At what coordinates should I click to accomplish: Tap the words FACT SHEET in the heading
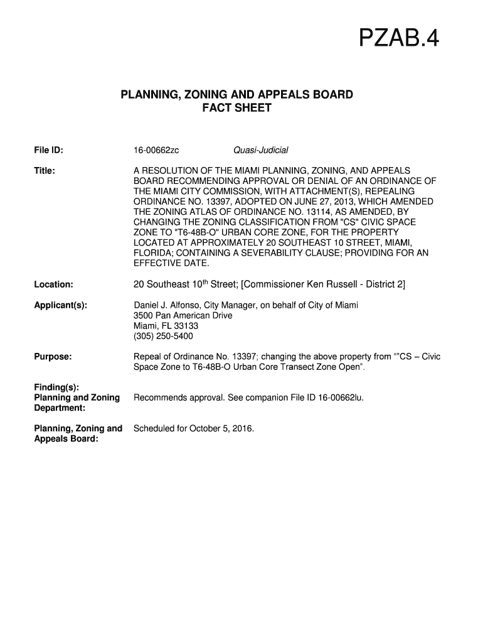click(236, 108)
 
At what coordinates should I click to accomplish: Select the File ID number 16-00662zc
click(156, 150)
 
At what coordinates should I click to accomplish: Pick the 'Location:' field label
click(53, 285)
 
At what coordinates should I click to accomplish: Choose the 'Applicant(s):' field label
click(60, 306)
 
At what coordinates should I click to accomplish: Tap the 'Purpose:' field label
click(53, 357)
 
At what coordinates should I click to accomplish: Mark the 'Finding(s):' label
click(56, 387)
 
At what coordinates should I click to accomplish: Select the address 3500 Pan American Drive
click(183, 315)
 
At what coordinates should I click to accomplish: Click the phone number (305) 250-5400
click(163, 336)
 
